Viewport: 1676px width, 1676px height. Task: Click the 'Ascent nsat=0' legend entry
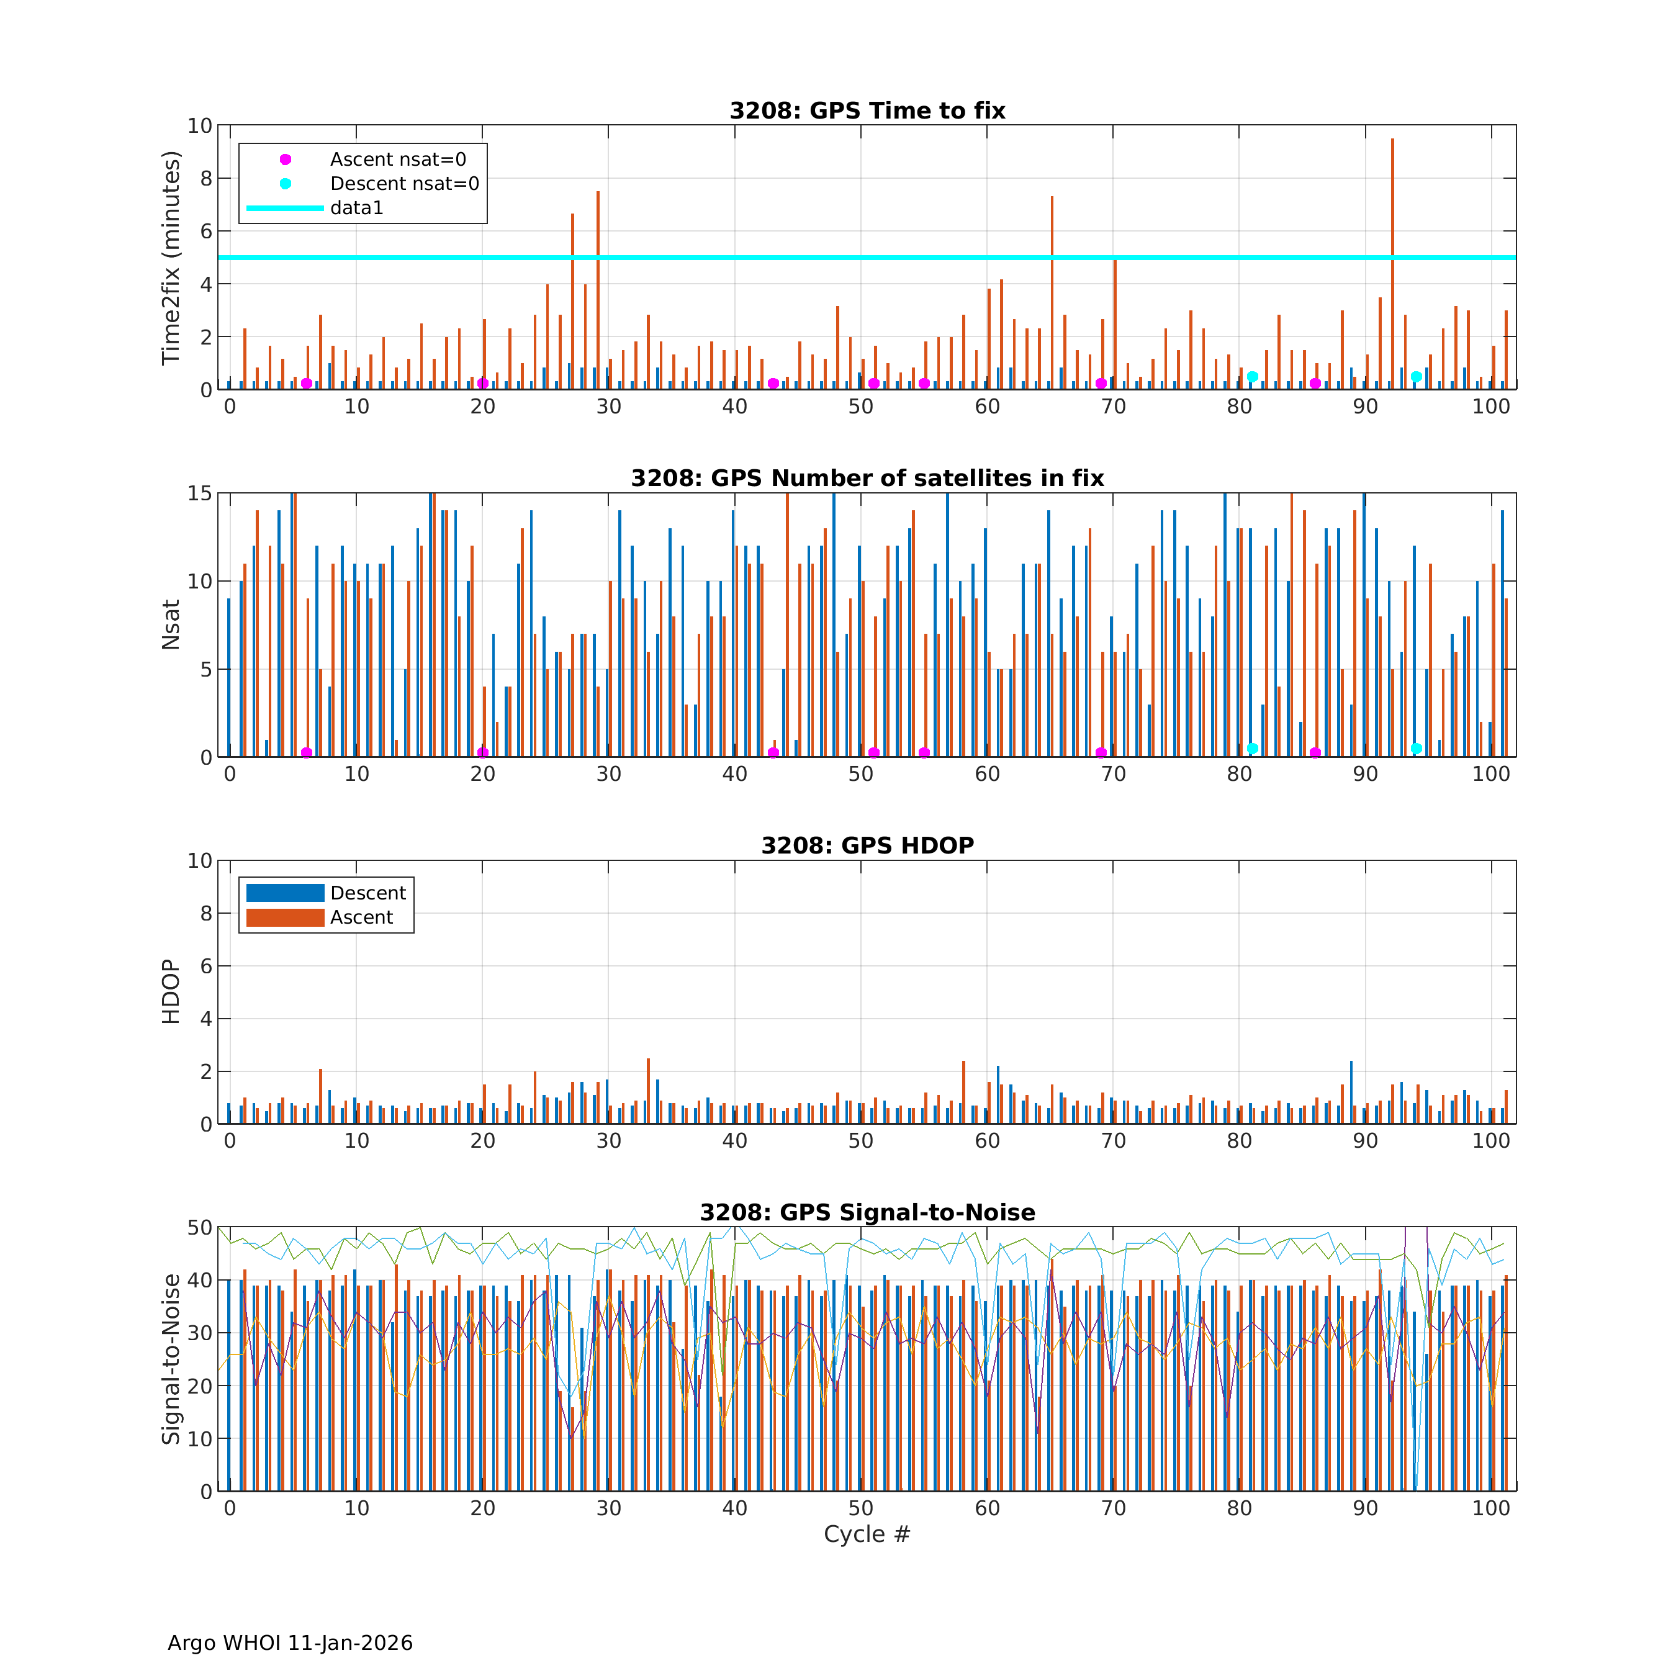click(397, 160)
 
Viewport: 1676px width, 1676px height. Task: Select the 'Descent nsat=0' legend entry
click(404, 184)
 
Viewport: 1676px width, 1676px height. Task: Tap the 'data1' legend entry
click(356, 208)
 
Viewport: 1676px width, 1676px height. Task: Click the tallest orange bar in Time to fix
click(1392, 260)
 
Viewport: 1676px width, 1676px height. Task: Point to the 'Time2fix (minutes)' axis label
click(171, 258)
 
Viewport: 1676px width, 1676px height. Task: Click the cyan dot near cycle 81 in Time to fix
click(1252, 377)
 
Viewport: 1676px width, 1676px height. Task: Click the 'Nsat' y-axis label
click(171, 624)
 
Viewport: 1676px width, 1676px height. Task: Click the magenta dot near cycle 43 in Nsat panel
click(773, 752)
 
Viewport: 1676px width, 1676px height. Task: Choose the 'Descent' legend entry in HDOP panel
click(368, 893)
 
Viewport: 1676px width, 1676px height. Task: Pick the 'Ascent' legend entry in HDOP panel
click(361, 918)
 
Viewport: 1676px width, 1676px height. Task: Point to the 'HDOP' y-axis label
click(171, 991)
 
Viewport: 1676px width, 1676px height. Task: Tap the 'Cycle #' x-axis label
click(867, 1534)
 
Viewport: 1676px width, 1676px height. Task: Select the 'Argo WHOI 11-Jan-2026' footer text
click(290, 1643)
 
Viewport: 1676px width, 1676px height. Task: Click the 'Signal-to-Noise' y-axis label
click(171, 1359)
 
